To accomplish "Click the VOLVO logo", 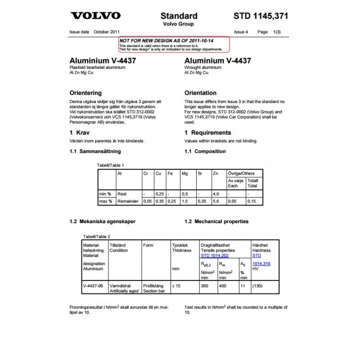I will pos(96,16).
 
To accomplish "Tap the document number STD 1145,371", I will pos(261,16).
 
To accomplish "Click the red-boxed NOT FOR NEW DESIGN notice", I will pos(174,44).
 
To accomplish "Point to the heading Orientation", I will pos(200,93).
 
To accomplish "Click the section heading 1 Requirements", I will pos(208,133).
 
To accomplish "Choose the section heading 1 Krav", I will pos(81,133).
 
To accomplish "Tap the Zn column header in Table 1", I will pos(216,173).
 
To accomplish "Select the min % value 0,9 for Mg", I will pos(184,194).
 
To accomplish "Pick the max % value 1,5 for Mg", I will pos(184,201).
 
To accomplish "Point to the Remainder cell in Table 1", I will pos(128,201).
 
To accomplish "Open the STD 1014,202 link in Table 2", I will pos(214,256).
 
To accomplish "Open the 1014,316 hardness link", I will pos(261,264).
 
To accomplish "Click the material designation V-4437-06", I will pos(93,286).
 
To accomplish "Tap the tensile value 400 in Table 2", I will pos(223,286).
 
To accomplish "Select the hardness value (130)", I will pos(257,286).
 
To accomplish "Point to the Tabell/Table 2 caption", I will pos(97,236).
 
